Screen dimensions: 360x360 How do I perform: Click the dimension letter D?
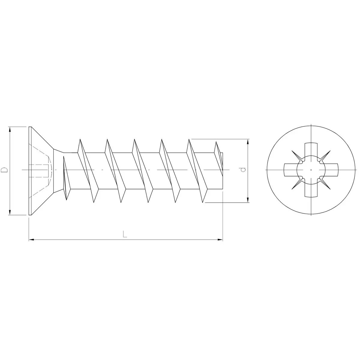click(4, 170)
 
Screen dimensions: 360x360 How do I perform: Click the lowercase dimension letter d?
click(243, 169)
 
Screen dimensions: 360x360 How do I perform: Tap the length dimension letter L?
click(125, 234)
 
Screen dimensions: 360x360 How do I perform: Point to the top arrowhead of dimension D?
click(10, 130)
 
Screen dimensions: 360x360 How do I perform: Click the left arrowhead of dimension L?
click(32, 239)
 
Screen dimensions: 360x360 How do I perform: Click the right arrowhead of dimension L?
click(219, 239)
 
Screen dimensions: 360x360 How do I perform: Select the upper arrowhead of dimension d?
click(248, 142)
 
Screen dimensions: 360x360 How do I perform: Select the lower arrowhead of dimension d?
click(248, 199)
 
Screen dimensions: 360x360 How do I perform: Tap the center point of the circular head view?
click(311, 170)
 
